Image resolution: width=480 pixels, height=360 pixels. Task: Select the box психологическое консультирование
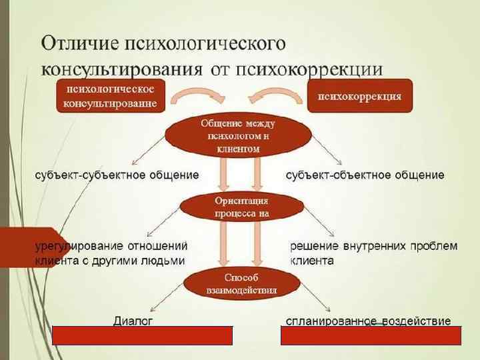click(x=110, y=96)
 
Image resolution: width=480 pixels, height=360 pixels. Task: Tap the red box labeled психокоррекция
click(x=359, y=96)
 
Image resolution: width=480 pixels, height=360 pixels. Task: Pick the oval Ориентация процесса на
click(x=241, y=207)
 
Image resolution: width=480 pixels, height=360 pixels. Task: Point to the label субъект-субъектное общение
click(x=117, y=175)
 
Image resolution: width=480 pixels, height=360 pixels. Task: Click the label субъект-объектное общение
click(x=365, y=175)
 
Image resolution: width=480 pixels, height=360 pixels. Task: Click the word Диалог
click(x=133, y=321)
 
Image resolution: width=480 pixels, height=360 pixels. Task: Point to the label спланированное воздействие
click(x=368, y=321)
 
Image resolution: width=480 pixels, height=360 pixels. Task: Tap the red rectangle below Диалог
click(x=142, y=335)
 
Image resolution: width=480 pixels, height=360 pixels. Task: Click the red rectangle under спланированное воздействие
click(x=371, y=335)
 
